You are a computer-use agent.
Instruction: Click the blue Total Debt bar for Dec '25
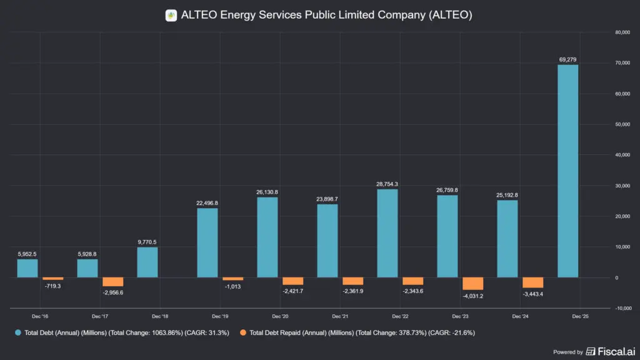coord(567,171)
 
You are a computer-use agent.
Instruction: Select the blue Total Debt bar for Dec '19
coord(207,243)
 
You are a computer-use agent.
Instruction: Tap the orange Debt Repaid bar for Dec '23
coord(472,284)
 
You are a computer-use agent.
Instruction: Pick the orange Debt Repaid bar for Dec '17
coord(112,282)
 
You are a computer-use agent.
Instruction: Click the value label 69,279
coord(567,59)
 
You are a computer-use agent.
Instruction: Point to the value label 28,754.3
coord(387,184)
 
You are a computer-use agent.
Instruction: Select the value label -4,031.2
coord(473,296)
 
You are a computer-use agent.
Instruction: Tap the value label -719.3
coord(52,286)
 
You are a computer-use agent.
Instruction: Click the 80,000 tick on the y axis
coord(622,32)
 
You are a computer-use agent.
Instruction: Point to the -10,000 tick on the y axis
coord(622,308)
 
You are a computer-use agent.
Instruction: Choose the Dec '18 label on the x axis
coord(160,316)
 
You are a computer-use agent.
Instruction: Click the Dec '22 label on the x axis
coord(400,316)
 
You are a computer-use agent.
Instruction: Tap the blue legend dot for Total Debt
coord(18,332)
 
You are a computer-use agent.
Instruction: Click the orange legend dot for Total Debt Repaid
coord(243,332)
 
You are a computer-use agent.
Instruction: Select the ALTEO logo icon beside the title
coord(171,16)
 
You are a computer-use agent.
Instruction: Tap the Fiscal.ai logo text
coord(611,351)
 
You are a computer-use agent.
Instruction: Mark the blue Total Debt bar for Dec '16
coord(27,269)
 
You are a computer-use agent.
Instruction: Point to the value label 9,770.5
coord(147,242)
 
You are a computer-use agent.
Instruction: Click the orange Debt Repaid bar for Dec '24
coord(532,283)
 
